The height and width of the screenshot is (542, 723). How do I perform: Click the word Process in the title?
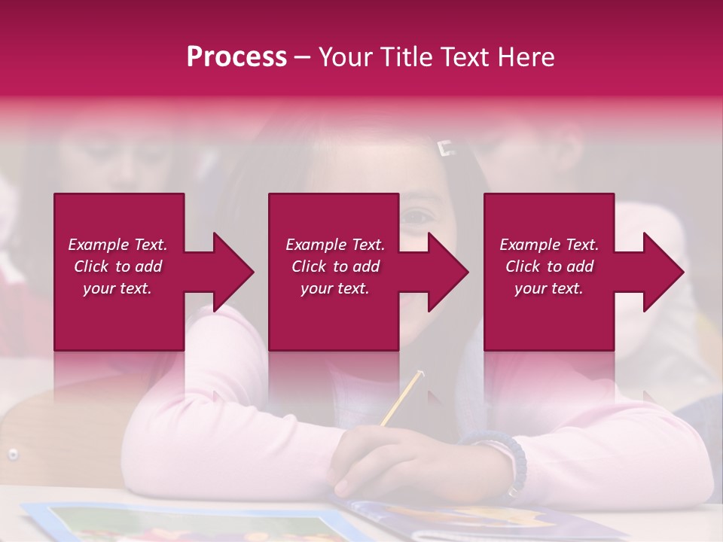pos(236,57)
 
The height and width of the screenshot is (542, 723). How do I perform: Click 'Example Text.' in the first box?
pos(117,245)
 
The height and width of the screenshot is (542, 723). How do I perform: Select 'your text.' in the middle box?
pos(334,288)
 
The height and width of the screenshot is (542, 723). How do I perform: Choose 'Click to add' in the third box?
pos(549,266)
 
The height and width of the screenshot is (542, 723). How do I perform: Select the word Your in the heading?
pos(346,57)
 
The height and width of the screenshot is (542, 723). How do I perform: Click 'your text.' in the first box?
pos(117,288)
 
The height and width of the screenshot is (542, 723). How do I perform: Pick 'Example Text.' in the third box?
pos(549,245)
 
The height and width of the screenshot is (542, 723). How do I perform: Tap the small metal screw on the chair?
pos(13,453)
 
